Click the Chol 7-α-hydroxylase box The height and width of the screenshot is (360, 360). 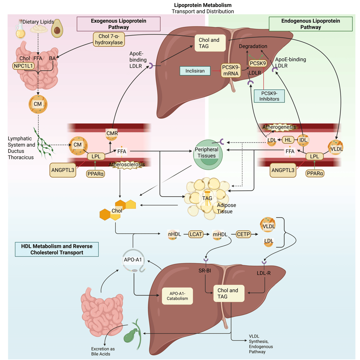[x=108, y=39]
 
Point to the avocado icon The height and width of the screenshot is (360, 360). [x=57, y=29]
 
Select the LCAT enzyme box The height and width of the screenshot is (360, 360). [x=196, y=233]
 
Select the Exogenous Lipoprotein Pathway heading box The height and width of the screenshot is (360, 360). [x=118, y=24]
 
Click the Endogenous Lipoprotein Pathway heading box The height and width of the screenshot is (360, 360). [x=310, y=24]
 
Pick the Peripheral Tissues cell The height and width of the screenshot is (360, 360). [x=207, y=153]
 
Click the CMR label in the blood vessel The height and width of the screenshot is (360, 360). [x=112, y=133]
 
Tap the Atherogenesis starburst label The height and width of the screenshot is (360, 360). [x=279, y=127]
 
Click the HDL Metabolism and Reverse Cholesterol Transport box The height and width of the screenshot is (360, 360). [x=57, y=249]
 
